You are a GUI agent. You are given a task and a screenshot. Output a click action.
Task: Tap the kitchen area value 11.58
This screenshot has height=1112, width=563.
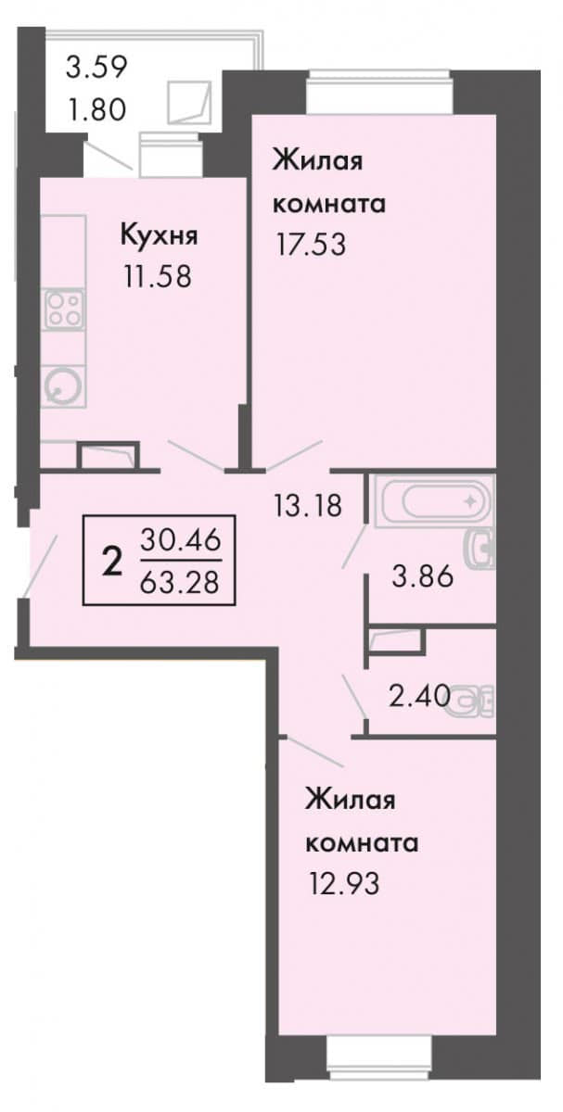click(x=158, y=276)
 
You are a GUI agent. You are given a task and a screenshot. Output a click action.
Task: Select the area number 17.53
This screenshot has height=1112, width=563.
click(x=311, y=245)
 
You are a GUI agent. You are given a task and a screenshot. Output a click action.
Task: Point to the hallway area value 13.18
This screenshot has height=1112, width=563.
click(x=308, y=505)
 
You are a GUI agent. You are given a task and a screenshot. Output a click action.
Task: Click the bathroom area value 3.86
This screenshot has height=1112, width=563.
click(x=423, y=576)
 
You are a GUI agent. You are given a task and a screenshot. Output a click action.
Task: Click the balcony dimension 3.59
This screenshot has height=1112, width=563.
click(x=97, y=67)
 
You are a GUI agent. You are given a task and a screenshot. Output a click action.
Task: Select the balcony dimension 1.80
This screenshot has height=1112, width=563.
click(x=97, y=109)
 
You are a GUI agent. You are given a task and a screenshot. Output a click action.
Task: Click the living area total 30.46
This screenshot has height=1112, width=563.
click(x=180, y=539)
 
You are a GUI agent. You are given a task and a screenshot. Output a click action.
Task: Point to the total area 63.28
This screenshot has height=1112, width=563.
click(x=179, y=582)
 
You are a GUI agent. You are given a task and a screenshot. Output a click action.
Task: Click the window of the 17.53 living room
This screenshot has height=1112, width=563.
click(x=379, y=93)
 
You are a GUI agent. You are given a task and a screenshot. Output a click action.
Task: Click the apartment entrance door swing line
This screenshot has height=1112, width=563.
click(x=41, y=564)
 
